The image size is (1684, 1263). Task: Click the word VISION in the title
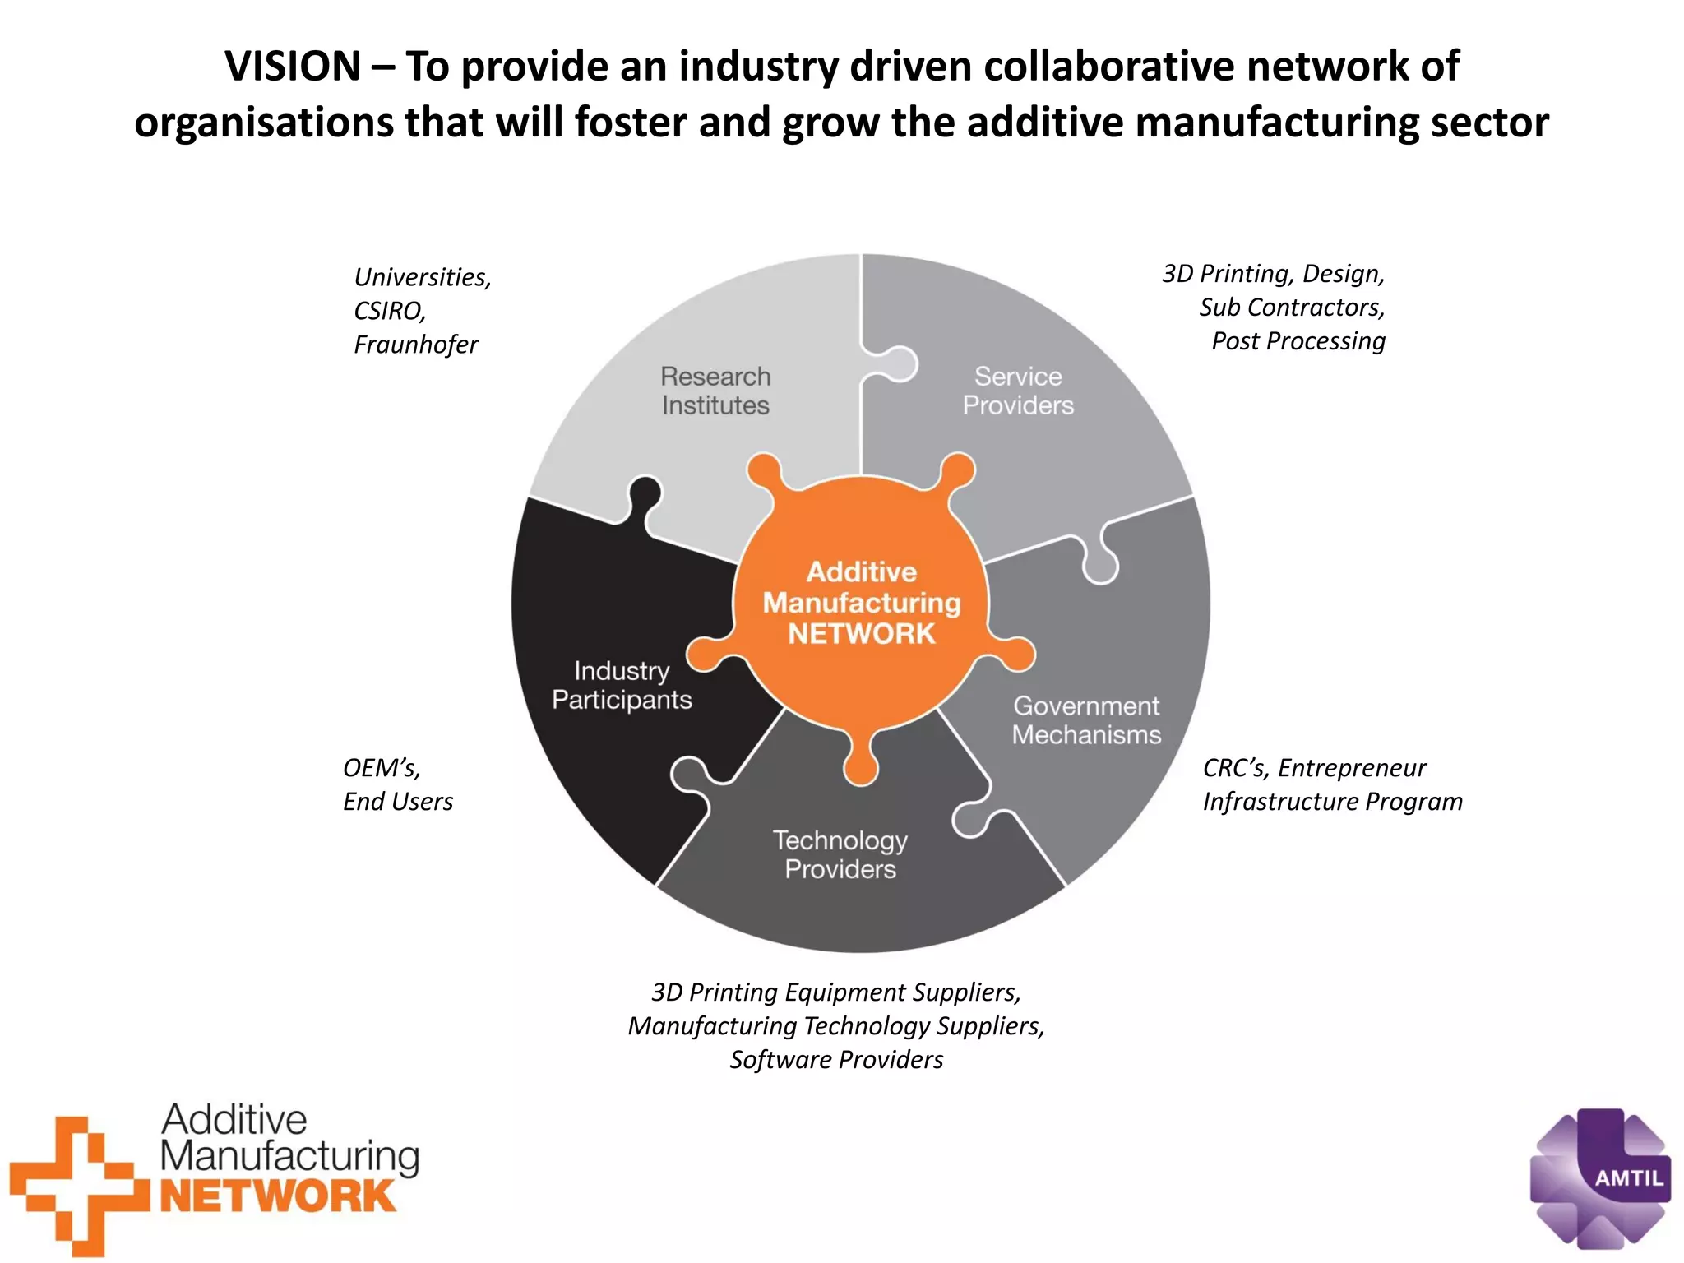pos(292,67)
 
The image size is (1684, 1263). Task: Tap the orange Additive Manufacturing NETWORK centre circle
pos(861,603)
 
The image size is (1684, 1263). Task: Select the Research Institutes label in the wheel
pos(715,391)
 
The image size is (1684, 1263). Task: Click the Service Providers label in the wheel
pos(1018,391)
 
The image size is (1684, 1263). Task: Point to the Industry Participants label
pos(622,685)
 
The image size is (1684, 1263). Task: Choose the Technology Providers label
pos(840,854)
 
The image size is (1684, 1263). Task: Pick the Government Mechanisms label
pos(1086,720)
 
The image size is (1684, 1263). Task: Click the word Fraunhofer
pos(415,345)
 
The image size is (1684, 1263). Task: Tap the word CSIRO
pos(389,311)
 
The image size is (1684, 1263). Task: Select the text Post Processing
pos(1298,341)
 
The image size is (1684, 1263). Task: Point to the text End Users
pos(398,802)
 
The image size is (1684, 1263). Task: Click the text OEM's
pos(382,768)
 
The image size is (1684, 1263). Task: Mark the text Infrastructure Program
pos(1332,802)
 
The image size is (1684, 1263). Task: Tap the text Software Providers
pos(836,1060)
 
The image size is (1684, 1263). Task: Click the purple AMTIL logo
pos(1599,1177)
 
